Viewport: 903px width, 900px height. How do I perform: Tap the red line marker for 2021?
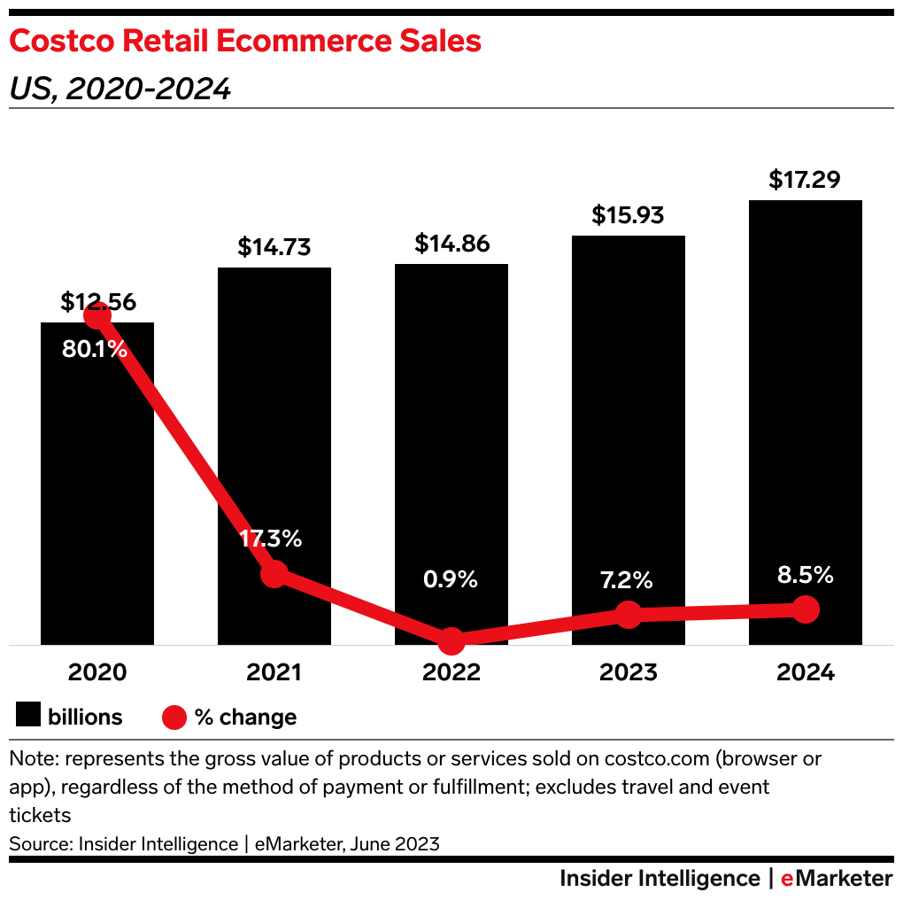click(x=274, y=573)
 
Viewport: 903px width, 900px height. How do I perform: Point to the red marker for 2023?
click(x=629, y=614)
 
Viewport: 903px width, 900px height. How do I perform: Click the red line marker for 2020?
click(x=97, y=315)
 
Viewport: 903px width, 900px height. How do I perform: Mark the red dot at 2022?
click(x=451, y=640)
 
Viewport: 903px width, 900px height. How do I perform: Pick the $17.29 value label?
click(x=805, y=181)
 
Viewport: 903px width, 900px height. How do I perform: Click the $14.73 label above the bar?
click(x=274, y=247)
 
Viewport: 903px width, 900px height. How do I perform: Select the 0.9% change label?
click(x=451, y=579)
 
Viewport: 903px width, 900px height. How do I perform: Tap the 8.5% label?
click(x=805, y=575)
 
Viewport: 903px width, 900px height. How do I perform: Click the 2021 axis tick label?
click(x=274, y=672)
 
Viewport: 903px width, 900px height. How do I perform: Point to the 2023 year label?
click(x=629, y=672)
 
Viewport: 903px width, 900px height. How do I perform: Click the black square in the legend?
click(x=28, y=716)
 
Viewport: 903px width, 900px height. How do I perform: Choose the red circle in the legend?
click(x=175, y=716)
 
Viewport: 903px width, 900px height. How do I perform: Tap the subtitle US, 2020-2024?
click(x=120, y=89)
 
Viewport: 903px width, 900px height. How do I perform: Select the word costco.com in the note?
click(x=658, y=760)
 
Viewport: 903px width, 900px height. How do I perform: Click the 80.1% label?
click(x=95, y=349)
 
